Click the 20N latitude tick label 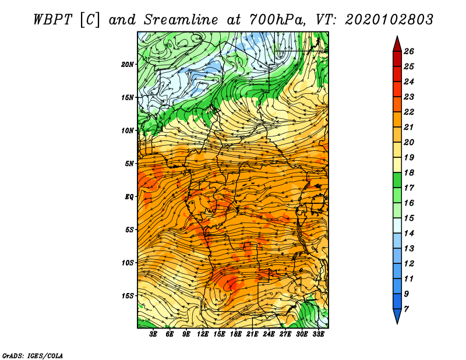[128, 64]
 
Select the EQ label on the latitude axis [129, 197]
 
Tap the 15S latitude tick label [128, 296]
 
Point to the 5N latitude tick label [129, 164]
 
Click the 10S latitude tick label [128, 263]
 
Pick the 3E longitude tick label [153, 334]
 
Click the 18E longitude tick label [236, 334]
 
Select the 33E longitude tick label [318, 334]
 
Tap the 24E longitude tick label [269, 334]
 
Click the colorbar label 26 [409, 51]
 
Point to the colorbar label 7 [406, 309]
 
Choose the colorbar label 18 [409, 172]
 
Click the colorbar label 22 [409, 112]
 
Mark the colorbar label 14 [409, 234]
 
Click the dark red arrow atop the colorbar [397, 44]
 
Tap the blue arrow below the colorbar [397, 316]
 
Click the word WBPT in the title [53, 20]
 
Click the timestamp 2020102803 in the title [389, 20]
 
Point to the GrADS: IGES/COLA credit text [33, 356]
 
